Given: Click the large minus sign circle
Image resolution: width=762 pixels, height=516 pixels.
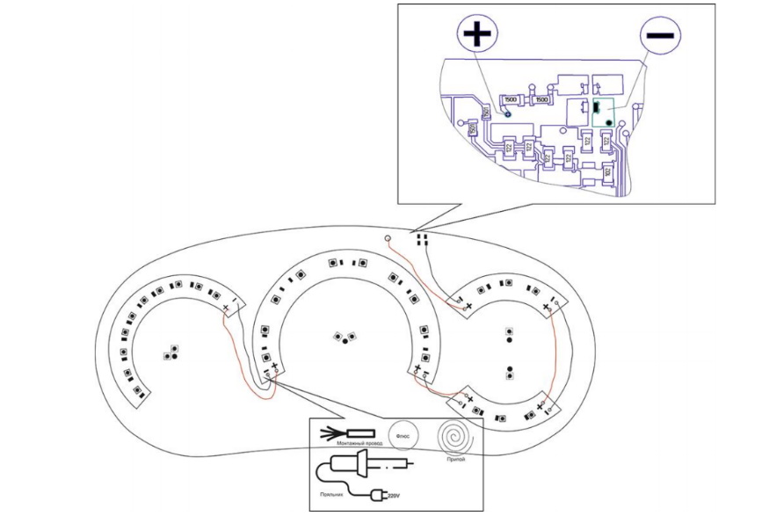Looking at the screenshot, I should [x=659, y=36].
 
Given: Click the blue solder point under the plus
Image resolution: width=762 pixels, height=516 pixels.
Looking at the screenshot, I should [x=507, y=113].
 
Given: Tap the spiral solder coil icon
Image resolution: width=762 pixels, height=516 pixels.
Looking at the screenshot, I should [x=455, y=435].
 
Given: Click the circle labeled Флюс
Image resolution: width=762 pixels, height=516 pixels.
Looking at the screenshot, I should [x=407, y=435].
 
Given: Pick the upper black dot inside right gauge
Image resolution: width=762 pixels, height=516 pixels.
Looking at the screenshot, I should [x=511, y=338].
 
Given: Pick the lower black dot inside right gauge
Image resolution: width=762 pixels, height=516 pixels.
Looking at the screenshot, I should [x=511, y=369].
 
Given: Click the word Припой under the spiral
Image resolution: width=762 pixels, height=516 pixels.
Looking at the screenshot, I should [x=455, y=460].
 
